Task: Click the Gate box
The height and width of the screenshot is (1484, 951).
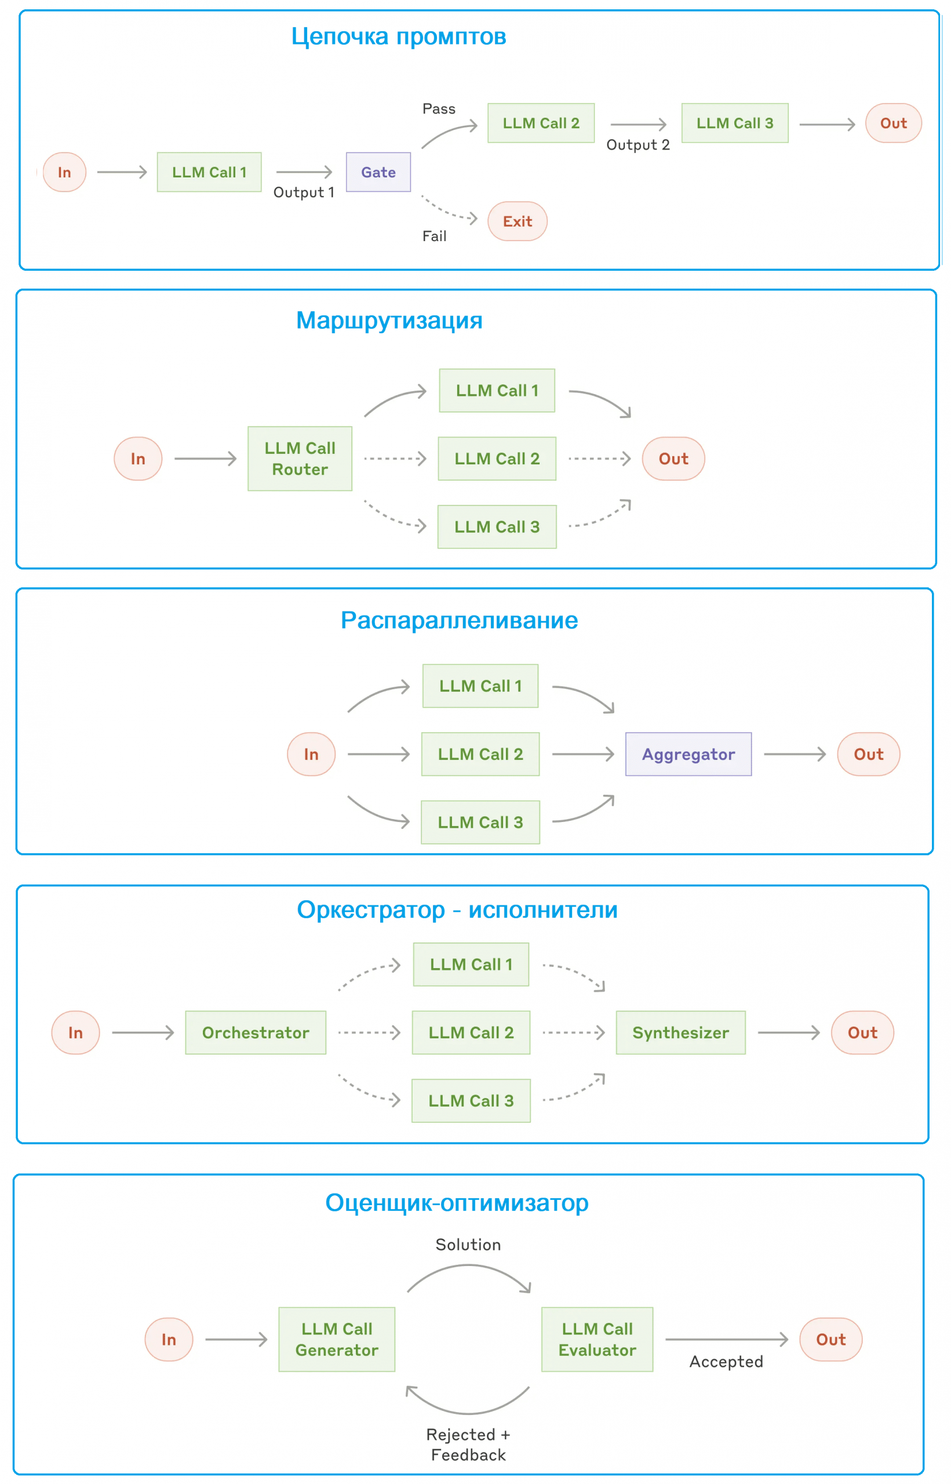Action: click(x=378, y=172)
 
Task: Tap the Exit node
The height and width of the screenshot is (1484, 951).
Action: click(x=517, y=221)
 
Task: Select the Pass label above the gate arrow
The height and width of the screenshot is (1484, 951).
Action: click(x=439, y=108)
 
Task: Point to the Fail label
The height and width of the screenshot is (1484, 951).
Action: click(x=434, y=236)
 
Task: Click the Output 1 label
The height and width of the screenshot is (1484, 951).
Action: click(x=304, y=192)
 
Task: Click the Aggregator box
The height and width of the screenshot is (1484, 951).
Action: click(x=688, y=754)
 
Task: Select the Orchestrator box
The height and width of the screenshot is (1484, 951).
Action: click(x=255, y=1032)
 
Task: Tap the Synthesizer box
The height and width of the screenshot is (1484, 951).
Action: click(x=680, y=1032)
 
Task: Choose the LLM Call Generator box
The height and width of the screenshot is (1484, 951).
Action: click(x=337, y=1339)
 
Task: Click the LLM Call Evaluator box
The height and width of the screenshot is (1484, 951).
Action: click(x=596, y=1339)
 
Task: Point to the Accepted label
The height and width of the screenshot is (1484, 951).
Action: click(x=726, y=1361)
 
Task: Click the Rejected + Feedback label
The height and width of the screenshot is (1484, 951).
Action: click(x=468, y=1444)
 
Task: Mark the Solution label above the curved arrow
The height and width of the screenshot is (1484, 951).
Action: click(x=468, y=1245)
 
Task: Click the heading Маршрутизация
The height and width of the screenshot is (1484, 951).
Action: click(x=389, y=320)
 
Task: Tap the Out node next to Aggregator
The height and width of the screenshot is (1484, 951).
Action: click(x=868, y=754)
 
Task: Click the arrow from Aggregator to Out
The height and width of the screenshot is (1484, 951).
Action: click(x=795, y=754)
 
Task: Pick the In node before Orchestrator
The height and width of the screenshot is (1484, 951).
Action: click(x=75, y=1032)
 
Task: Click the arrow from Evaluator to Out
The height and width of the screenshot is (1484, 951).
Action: click(x=727, y=1339)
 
